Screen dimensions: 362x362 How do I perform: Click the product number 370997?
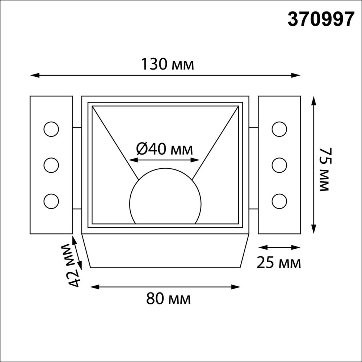320,19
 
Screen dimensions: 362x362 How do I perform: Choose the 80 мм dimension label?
168,299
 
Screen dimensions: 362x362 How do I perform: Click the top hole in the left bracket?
51,129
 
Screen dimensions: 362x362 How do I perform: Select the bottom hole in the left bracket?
51,201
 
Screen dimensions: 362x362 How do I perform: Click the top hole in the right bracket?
279,129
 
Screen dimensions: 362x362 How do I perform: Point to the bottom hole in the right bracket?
279,201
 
